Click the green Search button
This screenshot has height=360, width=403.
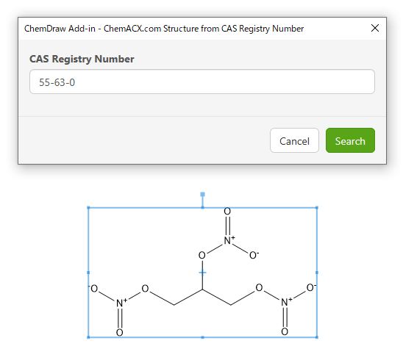(x=350, y=140)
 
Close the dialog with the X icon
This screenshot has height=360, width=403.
(x=375, y=28)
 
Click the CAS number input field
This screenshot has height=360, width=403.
(x=202, y=82)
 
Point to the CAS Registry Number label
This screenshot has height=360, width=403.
(x=82, y=59)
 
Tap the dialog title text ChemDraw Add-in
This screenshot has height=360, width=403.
(x=60, y=29)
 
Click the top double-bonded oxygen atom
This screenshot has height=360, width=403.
(x=227, y=212)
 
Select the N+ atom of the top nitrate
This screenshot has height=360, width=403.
(x=229, y=240)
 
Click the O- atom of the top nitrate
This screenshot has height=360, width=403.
(x=254, y=255)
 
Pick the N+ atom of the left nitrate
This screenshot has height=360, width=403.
(x=121, y=303)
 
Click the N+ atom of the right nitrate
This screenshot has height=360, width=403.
(x=286, y=302)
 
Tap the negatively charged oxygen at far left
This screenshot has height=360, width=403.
(x=93, y=288)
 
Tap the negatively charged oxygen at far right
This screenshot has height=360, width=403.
(x=311, y=287)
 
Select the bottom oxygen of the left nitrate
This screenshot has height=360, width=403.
(x=120, y=333)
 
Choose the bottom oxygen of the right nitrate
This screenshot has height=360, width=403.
(x=285, y=331)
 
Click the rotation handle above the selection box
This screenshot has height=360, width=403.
(x=202, y=195)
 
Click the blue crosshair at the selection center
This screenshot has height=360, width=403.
(x=202, y=273)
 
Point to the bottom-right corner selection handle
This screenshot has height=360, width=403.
(x=317, y=337)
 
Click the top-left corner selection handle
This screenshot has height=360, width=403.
(x=89, y=207)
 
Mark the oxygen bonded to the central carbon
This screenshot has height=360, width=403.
(x=202, y=255)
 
